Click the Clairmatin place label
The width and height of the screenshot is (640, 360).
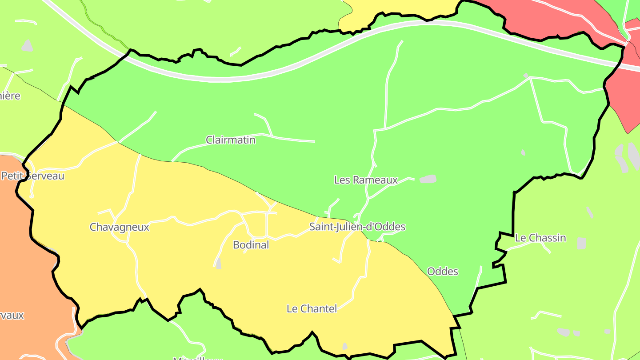pos(231,140)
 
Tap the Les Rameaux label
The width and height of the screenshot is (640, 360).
pos(365,180)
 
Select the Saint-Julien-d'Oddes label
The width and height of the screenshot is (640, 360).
pos(357,227)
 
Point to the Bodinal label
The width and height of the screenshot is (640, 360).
pos(251,245)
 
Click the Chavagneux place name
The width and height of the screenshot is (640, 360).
pos(119,227)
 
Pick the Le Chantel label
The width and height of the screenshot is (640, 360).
pos(312,308)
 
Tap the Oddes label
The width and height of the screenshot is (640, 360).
pos(442,271)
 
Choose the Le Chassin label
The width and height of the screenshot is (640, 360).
pos(540,238)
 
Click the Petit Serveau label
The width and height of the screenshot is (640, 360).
pos(33,176)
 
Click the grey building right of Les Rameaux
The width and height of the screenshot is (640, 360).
pos(428,179)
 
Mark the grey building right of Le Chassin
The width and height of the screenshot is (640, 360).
pos(581,244)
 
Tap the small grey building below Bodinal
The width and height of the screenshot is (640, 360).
pos(218,263)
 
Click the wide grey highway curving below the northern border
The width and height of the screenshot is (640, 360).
pos(222,79)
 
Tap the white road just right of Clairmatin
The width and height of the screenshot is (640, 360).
pos(293,140)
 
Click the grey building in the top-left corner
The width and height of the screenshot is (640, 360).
pos(28,45)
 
